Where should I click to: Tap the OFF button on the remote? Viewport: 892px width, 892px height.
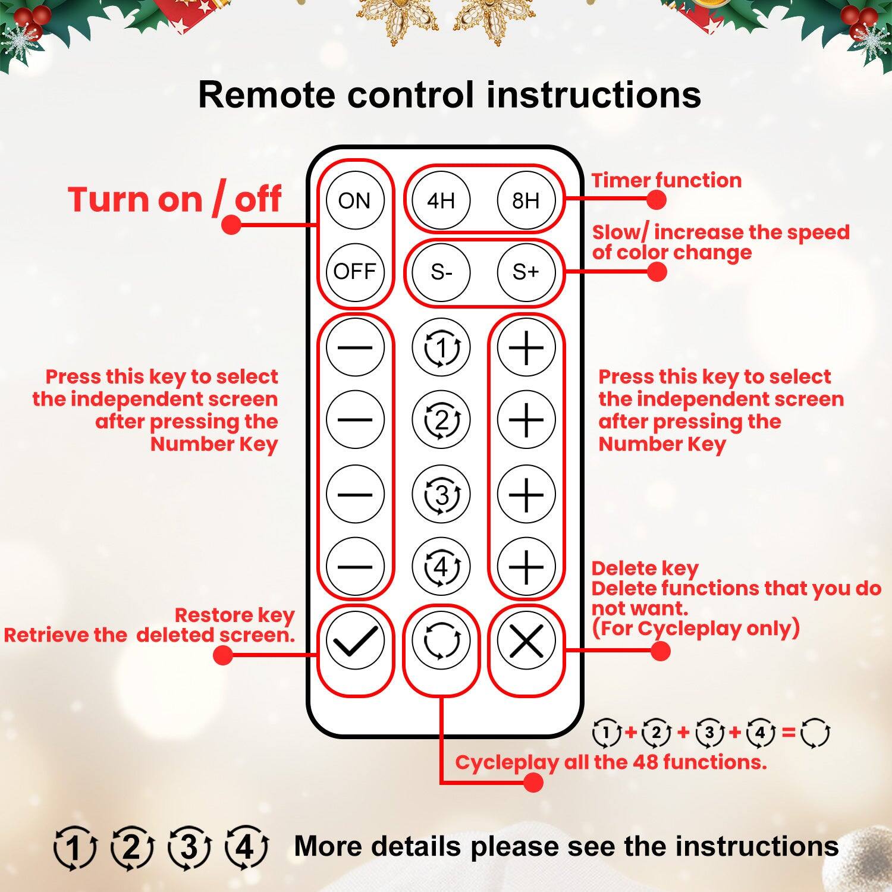click(355, 272)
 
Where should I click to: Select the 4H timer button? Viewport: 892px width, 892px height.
click(441, 200)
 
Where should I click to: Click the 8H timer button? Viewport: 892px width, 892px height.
click(526, 200)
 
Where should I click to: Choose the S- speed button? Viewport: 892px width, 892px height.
click(441, 272)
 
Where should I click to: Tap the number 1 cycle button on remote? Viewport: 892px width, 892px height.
click(441, 347)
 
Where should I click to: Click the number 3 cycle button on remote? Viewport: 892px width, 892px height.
click(441, 494)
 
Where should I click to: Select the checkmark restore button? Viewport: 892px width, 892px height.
click(355, 642)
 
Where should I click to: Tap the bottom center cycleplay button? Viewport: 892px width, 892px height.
click(441, 642)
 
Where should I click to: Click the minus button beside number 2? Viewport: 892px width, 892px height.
click(355, 420)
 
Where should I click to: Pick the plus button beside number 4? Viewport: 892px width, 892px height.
click(526, 567)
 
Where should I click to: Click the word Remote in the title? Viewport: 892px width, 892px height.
click(265, 95)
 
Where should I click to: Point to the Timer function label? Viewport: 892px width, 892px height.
click(666, 180)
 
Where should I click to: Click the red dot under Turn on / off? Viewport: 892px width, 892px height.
click(231, 224)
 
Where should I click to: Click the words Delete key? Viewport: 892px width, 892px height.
click(645, 569)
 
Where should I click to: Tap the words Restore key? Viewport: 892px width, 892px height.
click(234, 615)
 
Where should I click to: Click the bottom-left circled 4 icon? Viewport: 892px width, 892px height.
click(246, 847)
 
